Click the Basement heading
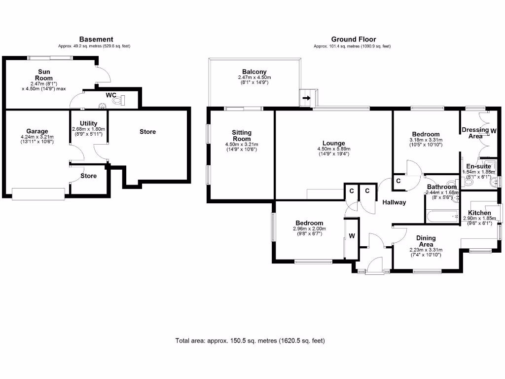(96, 39)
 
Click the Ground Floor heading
(353, 39)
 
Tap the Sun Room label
(44, 75)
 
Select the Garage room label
(37, 131)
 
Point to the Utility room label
(89, 123)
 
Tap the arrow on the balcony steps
(306, 98)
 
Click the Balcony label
(254, 72)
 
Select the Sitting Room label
(242, 136)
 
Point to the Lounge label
(334, 144)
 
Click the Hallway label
(394, 202)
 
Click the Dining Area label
(426, 241)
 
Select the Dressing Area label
(475, 133)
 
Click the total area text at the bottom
(250, 341)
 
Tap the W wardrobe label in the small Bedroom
(352, 236)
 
